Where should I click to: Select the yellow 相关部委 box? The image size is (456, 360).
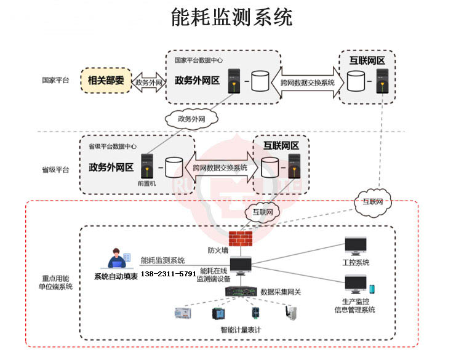tap(106, 81)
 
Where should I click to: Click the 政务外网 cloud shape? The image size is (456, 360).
tap(191, 118)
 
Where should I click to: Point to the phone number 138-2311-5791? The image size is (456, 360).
tap(169, 273)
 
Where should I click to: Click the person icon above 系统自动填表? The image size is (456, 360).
tap(116, 259)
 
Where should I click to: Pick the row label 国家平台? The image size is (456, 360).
tap(55, 81)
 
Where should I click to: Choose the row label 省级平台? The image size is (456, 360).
tap(55, 169)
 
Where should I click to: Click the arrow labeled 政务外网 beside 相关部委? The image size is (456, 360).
tap(148, 82)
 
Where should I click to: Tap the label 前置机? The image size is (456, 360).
tap(147, 183)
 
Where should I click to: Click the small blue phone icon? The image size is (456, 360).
tap(372, 289)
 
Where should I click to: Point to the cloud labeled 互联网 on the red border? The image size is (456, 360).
tap(372, 202)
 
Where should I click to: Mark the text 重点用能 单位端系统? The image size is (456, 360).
tap(56, 282)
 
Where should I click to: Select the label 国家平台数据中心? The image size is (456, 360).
tap(198, 60)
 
